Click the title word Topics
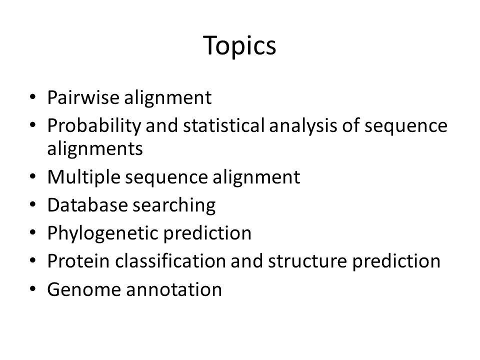tap(239, 46)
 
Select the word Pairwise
tap(83, 97)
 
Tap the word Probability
tap(94, 126)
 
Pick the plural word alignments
tap(95, 149)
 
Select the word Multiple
tap(84, 177)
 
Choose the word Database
tap(87, 205)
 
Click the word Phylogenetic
tap(103, 234)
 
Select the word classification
tap(170, 261)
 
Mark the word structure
tap(307, 261)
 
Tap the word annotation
tap(174, 289)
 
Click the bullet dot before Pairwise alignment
tap(33, 97)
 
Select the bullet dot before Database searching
tap(33, 204)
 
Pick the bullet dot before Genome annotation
tap(33, 289)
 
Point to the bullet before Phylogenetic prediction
tap(33, 232)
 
